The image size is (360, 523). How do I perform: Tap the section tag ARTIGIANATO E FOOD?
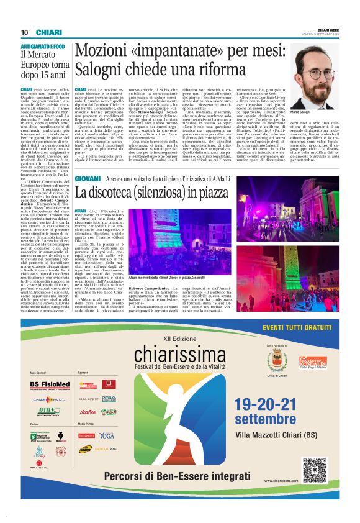43,47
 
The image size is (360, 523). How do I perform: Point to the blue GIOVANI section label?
88,161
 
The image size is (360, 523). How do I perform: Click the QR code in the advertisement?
314,470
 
